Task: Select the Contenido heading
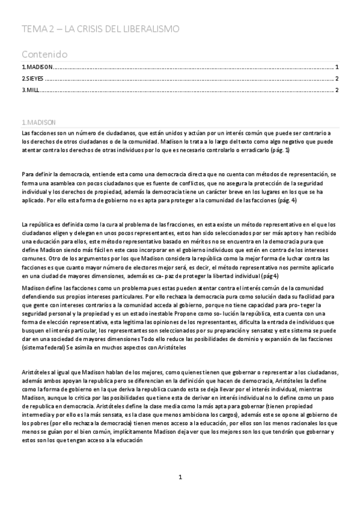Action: (x=44, y=54)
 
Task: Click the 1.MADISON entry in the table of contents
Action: (x=37, y=67)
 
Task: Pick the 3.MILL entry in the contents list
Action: (x=31, y=90)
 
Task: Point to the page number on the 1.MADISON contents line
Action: (x=337, y=67)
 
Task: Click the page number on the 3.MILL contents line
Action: (x=337, y=90)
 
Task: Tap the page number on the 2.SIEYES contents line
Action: (x=337, y=79)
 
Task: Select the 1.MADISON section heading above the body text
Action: (x=38, y=120)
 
